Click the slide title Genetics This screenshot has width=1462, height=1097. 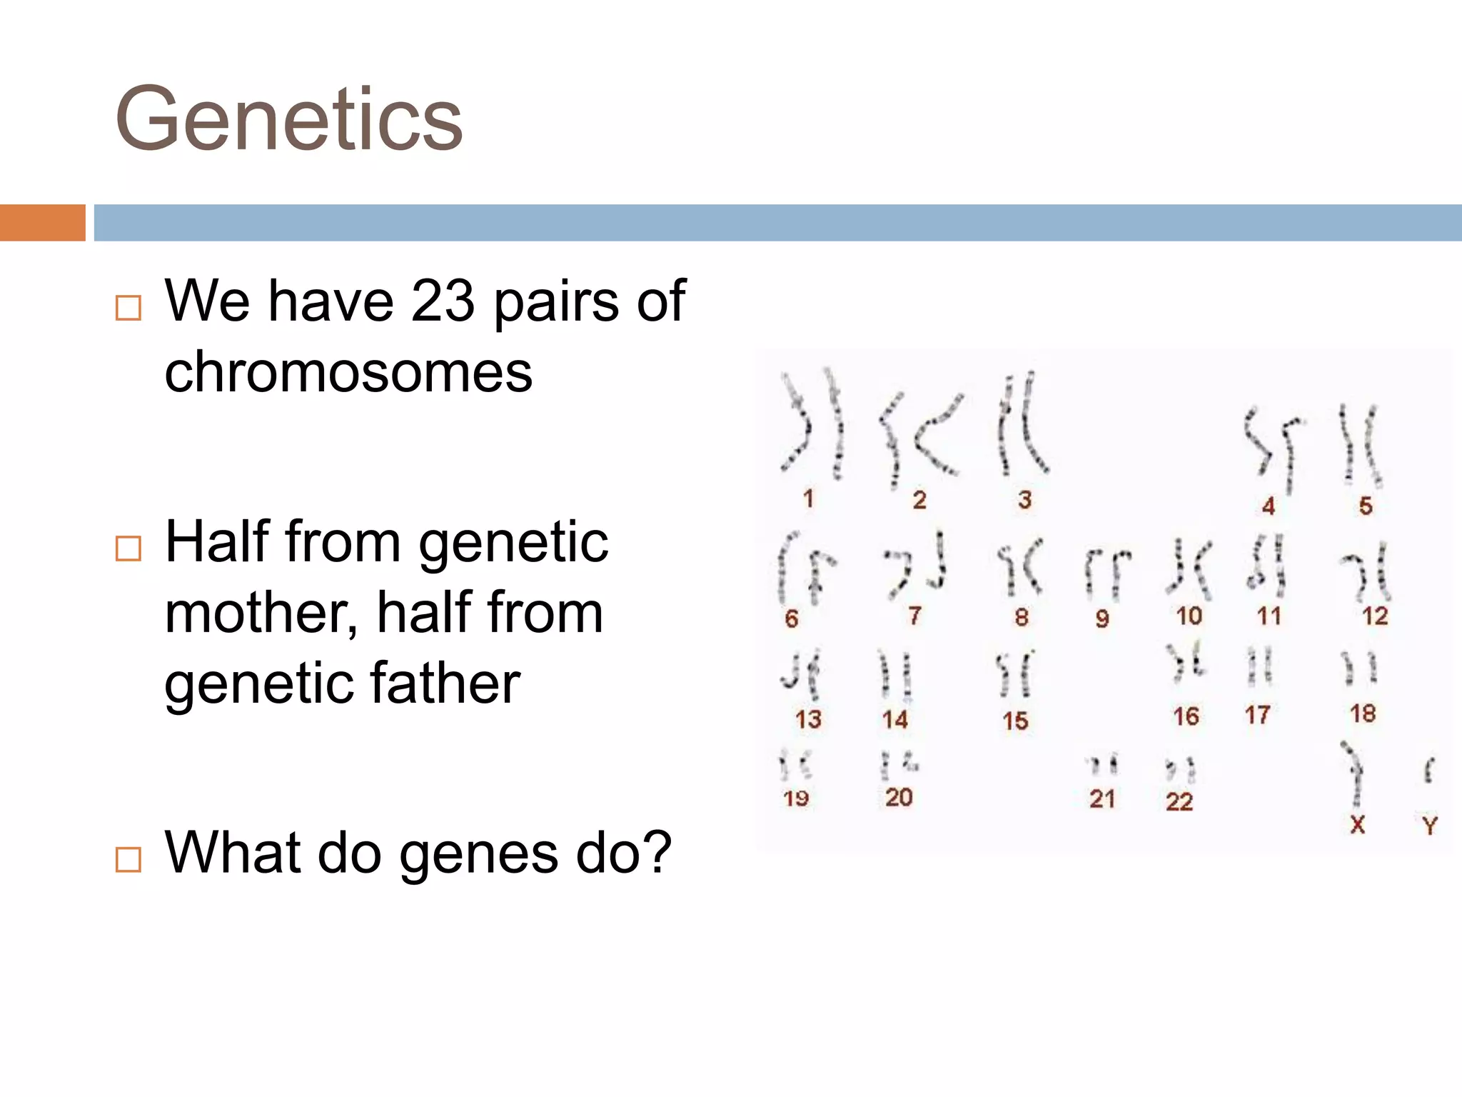[289, 119]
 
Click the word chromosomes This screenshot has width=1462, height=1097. [348, 372]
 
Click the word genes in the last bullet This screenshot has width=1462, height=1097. [479, 853]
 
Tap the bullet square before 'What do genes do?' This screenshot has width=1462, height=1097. [128, 859]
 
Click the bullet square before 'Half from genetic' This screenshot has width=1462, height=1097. [128, 548]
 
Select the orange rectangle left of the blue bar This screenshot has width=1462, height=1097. [42, 222]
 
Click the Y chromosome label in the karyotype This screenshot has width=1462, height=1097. [1429, 826]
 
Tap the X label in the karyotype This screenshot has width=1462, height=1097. [1357, 824]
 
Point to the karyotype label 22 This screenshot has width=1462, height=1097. [1179, 801]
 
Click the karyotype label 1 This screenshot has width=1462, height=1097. [808, 499]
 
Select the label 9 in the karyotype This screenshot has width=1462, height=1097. [1101, 618]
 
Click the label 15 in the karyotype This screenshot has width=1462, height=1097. [1014, 721]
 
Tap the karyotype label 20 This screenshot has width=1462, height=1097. [898, 797]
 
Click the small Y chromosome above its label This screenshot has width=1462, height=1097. [1428, 771]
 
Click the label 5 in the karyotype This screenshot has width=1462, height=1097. [1365, 506]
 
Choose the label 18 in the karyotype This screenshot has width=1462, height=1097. [1362, 713]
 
